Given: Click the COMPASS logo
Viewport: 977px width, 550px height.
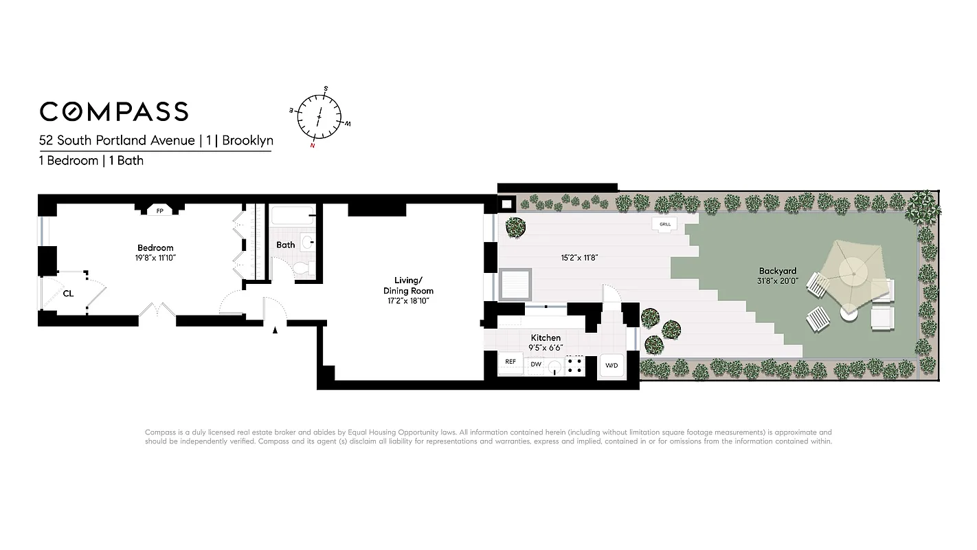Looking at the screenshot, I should [x=113, y=111].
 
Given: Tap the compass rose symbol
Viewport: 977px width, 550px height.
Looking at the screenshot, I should [x=319, y=117].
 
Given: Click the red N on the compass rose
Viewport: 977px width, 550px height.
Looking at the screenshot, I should [x=313, y=145].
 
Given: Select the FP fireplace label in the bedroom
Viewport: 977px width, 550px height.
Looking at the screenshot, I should [x=160, y=211].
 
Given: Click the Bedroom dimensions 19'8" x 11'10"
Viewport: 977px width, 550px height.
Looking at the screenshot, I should [x=155, y=258].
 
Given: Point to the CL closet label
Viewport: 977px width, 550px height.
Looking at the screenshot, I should [x=68, y=294].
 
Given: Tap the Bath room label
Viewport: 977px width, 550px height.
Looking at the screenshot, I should [x=286, y=245].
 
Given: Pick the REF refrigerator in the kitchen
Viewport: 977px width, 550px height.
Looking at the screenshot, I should [x=510, y=362].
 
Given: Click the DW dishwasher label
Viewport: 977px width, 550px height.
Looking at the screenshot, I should [x=536, y=364].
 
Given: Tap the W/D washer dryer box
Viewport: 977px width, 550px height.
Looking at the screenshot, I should [x=611, y=366].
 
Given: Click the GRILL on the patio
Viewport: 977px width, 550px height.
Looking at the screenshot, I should [x=664, y=224].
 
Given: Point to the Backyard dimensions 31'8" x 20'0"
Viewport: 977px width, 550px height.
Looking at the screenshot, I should [x=778, y=281].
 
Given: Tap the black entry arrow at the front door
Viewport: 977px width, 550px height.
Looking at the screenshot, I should [x=276, y=331].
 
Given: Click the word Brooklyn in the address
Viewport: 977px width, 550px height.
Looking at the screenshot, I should [x=247, y=141].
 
